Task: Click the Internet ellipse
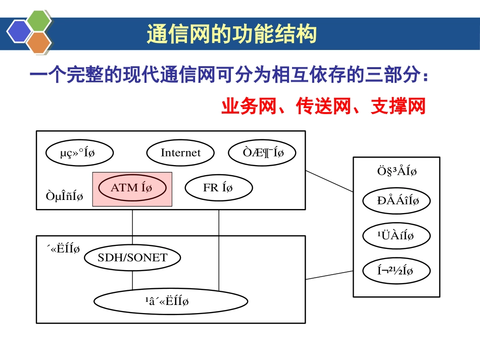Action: (180, 152)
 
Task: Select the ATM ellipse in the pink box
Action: (131, 188)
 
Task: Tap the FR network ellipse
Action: (218, 188)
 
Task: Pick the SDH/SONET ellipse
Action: (132, 258)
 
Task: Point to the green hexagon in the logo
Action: (39, 21)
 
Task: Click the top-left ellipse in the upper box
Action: (79, 152)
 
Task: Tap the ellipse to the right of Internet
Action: (262, 152)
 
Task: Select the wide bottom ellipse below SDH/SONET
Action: (171, 301)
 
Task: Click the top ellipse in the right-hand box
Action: (397, 201)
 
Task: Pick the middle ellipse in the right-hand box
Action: (397, 236)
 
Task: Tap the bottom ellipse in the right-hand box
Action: (397, 271)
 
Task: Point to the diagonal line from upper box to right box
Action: (329, 181)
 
